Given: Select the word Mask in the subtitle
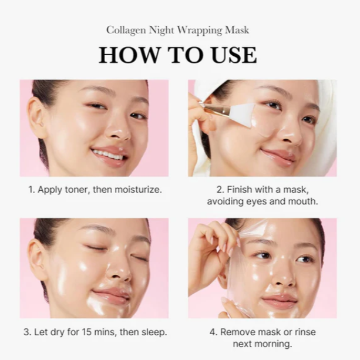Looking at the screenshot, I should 243,29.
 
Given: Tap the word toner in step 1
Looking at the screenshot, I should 78,190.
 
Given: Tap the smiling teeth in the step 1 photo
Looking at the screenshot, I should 108,155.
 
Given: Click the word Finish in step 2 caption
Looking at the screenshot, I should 237,190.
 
